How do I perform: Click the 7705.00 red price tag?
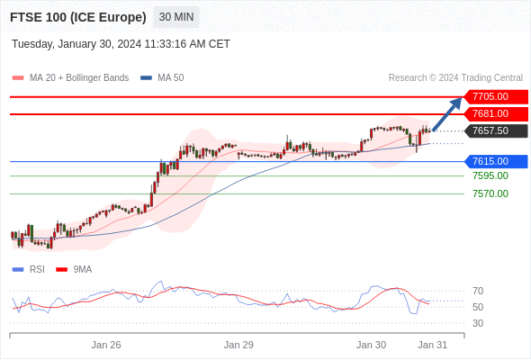[496, 97]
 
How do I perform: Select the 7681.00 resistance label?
[496, 113]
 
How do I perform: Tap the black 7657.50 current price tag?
[496, 130]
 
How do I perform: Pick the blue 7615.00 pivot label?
[496, 161]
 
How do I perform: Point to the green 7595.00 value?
[490, 175]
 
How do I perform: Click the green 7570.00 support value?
[490, 193]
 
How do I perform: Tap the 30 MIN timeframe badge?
[176, 17]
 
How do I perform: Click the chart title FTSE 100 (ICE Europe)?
[78, 17]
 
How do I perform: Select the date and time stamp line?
[121, 44]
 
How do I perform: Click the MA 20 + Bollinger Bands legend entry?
[70, 78]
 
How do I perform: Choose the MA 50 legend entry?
[162, 78]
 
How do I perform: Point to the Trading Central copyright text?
[455, 78]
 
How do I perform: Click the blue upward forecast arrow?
[447, 114]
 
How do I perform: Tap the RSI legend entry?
[29, 270]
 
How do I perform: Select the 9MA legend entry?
[74, 270]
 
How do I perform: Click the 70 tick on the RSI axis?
[478, 291]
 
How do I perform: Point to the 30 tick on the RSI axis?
[478, 323]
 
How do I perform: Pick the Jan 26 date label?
[106, 345]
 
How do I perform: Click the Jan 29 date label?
[238, 345]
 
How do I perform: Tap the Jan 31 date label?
[433, 345]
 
